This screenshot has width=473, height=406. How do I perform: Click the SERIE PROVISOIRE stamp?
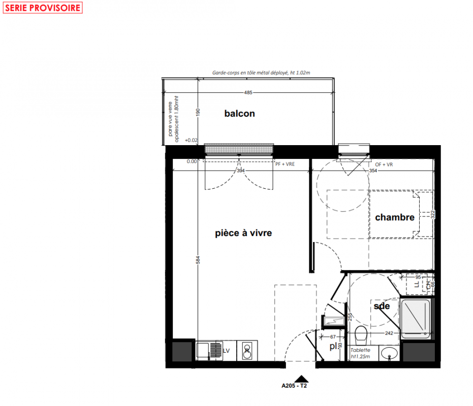43,8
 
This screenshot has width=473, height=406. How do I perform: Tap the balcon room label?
239,113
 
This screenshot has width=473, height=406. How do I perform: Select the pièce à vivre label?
243,233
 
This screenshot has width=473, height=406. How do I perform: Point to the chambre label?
395,217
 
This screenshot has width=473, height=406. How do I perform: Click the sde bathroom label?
382,306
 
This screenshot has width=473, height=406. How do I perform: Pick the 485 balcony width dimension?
248,92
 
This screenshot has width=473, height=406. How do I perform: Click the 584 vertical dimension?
198,260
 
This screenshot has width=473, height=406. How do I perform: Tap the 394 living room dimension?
240,171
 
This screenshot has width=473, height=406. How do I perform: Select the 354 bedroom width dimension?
373,171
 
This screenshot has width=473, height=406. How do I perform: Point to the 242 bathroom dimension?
389,333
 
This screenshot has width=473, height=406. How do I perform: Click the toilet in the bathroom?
361,335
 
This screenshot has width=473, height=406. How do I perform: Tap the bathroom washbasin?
389,353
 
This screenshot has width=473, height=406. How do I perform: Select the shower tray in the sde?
416,318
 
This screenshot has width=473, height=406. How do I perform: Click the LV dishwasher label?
226,351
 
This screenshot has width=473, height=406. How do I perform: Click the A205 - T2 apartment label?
294,386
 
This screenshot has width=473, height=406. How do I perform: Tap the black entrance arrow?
301,379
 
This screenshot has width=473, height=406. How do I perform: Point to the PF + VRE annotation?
285,164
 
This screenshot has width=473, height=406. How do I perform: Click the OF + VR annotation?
384,164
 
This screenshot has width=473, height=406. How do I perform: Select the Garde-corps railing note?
261,73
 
